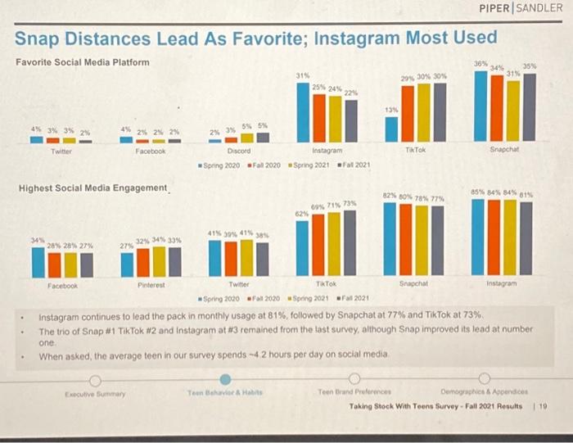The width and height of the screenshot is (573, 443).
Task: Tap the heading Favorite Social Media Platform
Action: tap(83, 62)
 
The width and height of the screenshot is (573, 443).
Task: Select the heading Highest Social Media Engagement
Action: tap(92, 188)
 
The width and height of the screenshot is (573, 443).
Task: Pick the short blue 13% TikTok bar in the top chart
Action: tap(391, 129)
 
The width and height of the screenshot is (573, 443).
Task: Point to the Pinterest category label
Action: tap(151, 286)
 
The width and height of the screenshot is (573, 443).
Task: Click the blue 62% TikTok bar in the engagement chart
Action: tap(303, 249)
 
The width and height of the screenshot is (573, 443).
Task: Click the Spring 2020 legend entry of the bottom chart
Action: tap(220, 297)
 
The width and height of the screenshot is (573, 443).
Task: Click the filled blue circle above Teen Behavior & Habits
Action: tap(226, 380)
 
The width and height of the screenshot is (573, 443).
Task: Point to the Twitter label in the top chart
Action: tap(61, 151)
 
